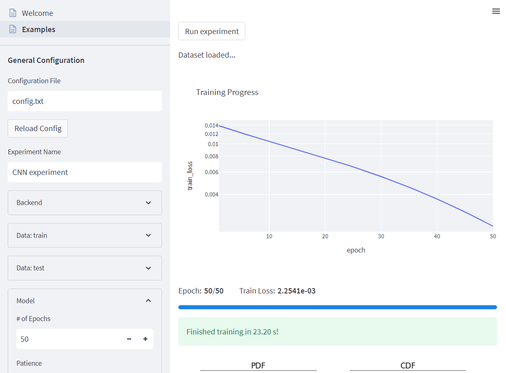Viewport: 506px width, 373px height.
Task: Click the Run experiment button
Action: pos(212,31)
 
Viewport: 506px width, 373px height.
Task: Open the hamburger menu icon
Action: pos(496,11)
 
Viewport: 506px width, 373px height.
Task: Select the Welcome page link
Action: pos(37,13)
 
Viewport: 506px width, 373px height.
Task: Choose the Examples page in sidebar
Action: pos(39,29)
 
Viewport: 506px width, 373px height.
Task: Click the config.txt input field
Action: pos(84,101)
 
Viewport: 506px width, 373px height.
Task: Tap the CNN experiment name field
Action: pos(84,172)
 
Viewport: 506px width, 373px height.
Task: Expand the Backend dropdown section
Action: pos(84,203)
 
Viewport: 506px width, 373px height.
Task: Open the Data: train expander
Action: pos(84,235)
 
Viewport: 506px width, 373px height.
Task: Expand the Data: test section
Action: pos(84,268)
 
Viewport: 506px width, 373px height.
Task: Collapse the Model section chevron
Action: pos(148,301)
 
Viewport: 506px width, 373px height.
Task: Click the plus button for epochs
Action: pos(145,339)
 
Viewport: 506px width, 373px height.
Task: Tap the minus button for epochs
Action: pos(129,339)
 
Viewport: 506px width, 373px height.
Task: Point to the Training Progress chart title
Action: pos(227,92)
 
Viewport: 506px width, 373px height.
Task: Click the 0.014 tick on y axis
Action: pos(212,125)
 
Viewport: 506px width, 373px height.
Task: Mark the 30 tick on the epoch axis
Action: pos(381,236)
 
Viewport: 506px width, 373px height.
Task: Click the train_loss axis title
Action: pos(190,176)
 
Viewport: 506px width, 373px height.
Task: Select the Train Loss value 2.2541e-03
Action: pos(296,291)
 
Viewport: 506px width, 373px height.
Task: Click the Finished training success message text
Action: pos(232,332)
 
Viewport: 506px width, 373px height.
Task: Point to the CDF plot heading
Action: pos(408,365)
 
